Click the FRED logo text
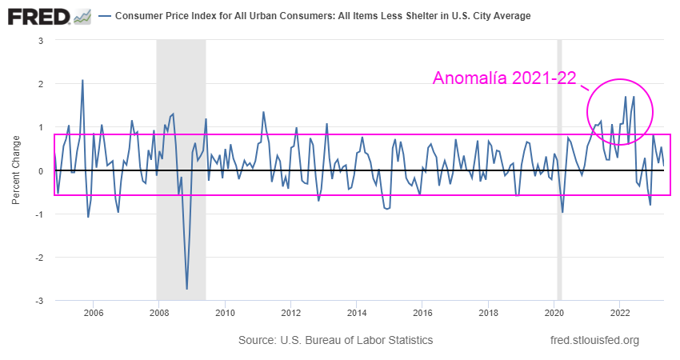point(37,16)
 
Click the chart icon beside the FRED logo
point(82,16)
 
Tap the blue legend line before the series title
point(104,17)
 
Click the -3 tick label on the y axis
point(38,301)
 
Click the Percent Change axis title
point(16,170)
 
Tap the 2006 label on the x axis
point(93,313)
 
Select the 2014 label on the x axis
point(357,313)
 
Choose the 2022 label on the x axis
point(620,313)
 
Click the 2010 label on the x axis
point(225,313)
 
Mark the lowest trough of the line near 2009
point(187,289)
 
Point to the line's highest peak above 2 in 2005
point(82,80)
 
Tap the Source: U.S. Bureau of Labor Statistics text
point(335,341)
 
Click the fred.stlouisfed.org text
point(595,341)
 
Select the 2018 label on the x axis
point(489,313)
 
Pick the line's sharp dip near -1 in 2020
point(562,212)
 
